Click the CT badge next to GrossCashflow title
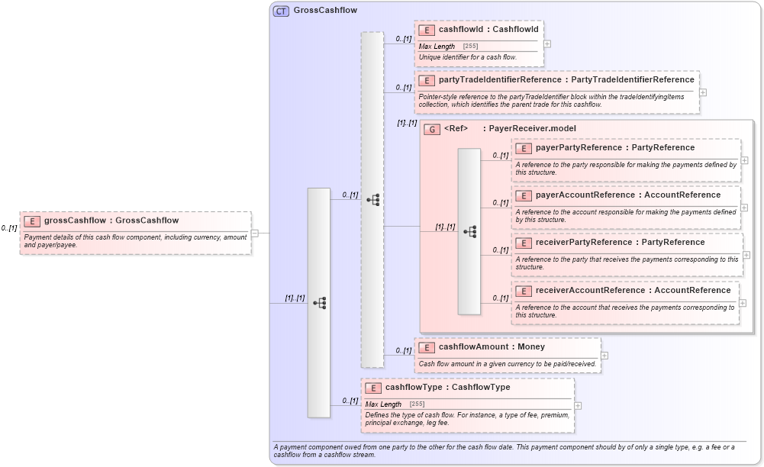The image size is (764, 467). coord(281,11)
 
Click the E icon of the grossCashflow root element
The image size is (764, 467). coord(32,221)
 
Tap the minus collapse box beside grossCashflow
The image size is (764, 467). coord(255,233)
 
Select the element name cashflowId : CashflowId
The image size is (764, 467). coord(488,30)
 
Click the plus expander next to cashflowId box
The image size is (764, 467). coord(547,43)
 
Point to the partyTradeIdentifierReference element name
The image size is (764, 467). coord(500,79)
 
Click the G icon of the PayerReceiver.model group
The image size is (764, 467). coord(432,129)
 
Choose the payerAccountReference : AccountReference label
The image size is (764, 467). coord(627,195)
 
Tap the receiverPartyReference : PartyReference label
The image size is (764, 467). coord(620,243)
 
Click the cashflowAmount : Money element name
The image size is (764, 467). coord(492,347)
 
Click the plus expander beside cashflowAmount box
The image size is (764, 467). coord(604,356)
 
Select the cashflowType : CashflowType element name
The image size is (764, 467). coord(447,388)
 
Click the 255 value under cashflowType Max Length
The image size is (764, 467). coord(417,404)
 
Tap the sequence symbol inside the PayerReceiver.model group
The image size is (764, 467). coord(469,231)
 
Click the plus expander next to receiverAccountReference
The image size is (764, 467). coord(743,303)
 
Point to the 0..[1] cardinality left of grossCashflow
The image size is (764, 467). coord(9,228)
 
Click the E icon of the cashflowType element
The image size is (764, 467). coord(373,388)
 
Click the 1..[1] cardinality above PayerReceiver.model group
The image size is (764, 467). coord(407,123)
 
